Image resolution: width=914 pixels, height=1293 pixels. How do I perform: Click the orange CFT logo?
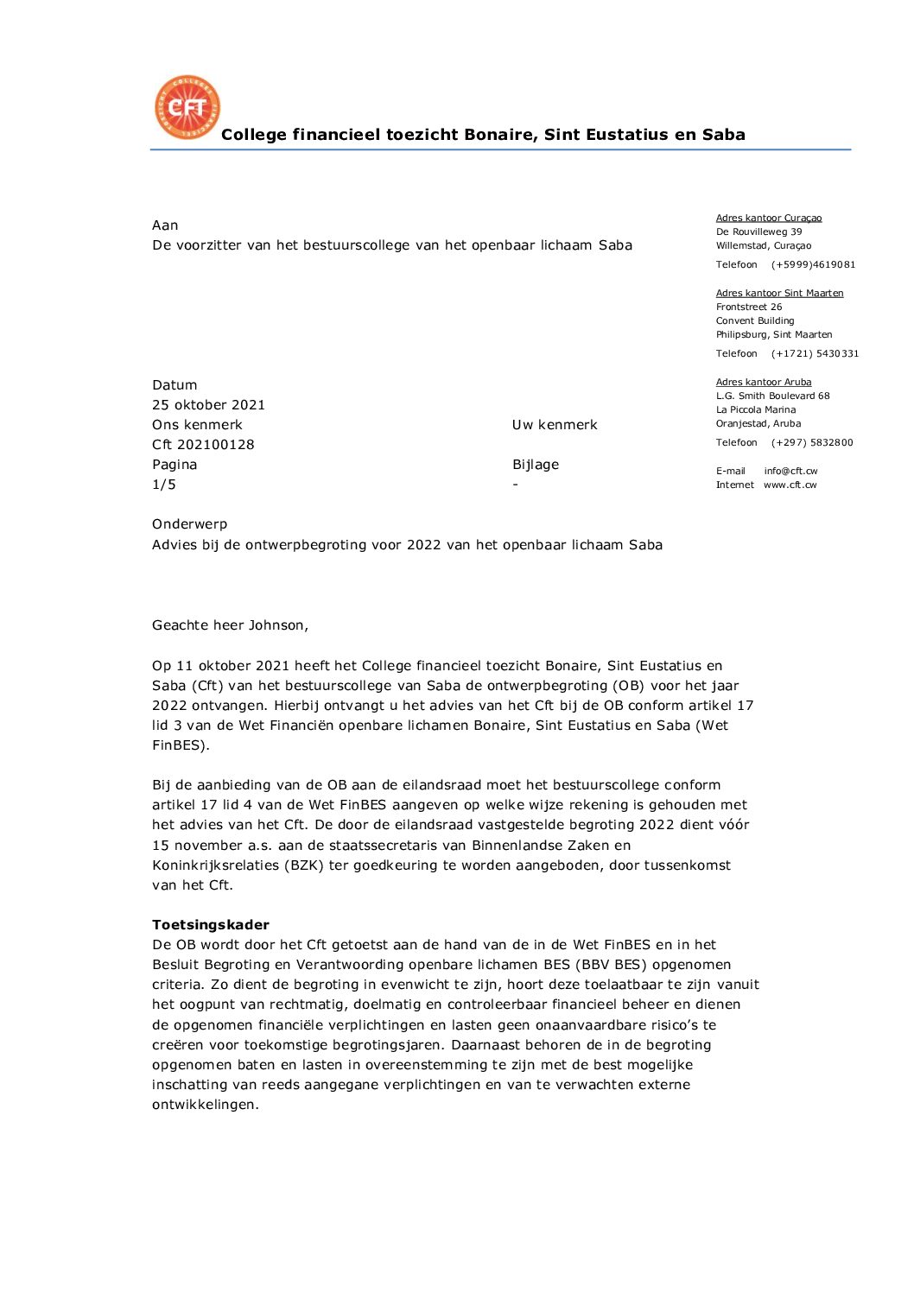(x=187, y=107)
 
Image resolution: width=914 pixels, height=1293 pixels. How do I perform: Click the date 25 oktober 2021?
(x=208, y=405)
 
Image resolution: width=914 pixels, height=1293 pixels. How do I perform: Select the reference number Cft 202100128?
(x=203, y=445)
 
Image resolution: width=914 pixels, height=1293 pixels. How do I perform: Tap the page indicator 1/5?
(x=164, y=485)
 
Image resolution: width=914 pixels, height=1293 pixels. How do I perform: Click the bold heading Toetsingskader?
(x=211, y=925)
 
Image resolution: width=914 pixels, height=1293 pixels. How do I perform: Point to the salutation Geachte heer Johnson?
(x=230, y=625)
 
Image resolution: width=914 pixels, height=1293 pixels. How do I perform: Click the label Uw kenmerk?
(x=555, y=425)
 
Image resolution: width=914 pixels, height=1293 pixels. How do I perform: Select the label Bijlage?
(x=536, y=465)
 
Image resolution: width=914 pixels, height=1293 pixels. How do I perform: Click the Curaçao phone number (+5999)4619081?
(x=813, y=265)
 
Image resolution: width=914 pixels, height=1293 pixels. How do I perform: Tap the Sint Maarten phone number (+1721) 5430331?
(x=815, y=354)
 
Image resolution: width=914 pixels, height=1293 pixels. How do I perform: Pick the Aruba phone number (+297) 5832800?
(x=812, y=443)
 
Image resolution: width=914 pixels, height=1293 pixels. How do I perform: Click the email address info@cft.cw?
(x=790, y=472)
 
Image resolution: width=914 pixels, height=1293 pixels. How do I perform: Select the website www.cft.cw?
(x=790, y=485)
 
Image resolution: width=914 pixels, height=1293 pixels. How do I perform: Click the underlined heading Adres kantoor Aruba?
(x=764, y=383)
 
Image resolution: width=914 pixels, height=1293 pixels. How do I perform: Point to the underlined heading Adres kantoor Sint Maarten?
(x=779, y=294)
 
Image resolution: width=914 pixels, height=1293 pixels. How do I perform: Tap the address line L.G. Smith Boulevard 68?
(x=772, y=396)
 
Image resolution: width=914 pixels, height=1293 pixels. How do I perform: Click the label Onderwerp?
(x=190, y=524)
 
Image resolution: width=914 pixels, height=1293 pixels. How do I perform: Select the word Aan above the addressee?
(x=165, y=225)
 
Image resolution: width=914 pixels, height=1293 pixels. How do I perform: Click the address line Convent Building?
(x=755, y=321)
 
